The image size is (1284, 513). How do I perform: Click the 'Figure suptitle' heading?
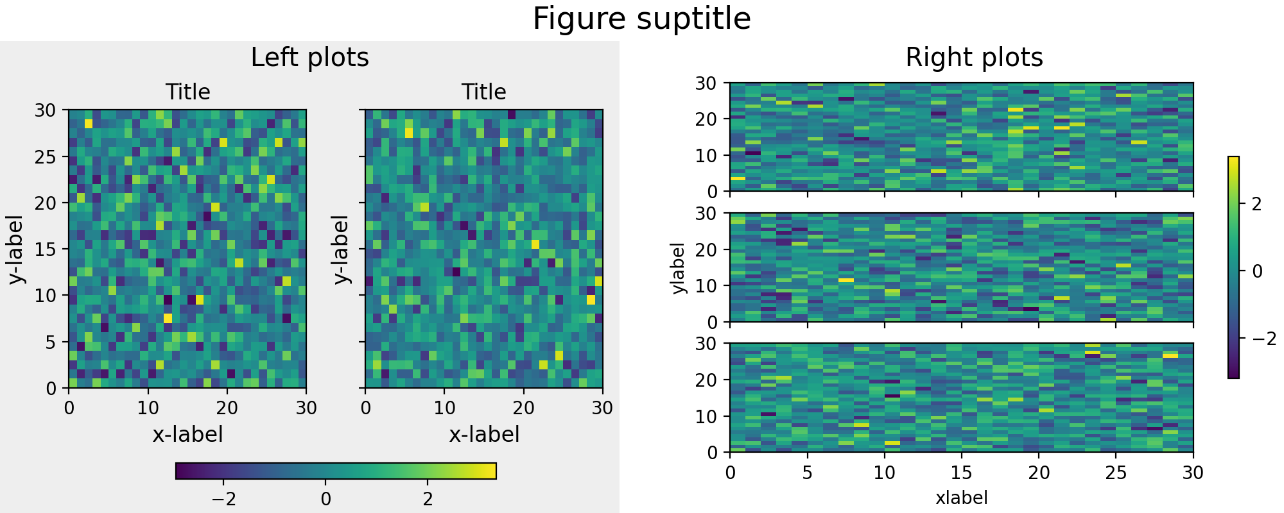[x=641, y=19]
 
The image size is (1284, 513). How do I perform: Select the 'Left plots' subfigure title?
[x=309, y=58]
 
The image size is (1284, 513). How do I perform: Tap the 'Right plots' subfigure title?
[x=974, y=58]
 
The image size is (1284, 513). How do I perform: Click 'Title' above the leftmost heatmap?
[x=187, y=92]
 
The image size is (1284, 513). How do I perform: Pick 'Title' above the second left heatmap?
[x=483, y=92]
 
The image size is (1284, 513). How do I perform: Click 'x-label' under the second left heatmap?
[x=483, y=435]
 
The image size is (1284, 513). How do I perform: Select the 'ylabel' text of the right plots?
[x=678, y=268]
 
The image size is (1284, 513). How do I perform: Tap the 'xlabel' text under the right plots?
[x=961, y=498]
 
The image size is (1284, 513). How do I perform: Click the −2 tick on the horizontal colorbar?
[x=223, y=499]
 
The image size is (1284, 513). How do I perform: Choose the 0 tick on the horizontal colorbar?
[x=325, y=499]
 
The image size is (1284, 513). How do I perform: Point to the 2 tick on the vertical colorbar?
[x=1256, y=205]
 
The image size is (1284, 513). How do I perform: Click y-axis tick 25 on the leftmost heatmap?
[x=46, y=157]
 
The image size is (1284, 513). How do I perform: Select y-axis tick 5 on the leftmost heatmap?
[x=51, y=342]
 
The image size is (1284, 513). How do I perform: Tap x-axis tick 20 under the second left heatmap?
[x=523, y=408]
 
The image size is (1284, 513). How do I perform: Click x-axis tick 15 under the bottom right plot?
[x=961, y=473]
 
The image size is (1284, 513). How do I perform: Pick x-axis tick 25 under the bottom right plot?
[x=1116, y=473]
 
